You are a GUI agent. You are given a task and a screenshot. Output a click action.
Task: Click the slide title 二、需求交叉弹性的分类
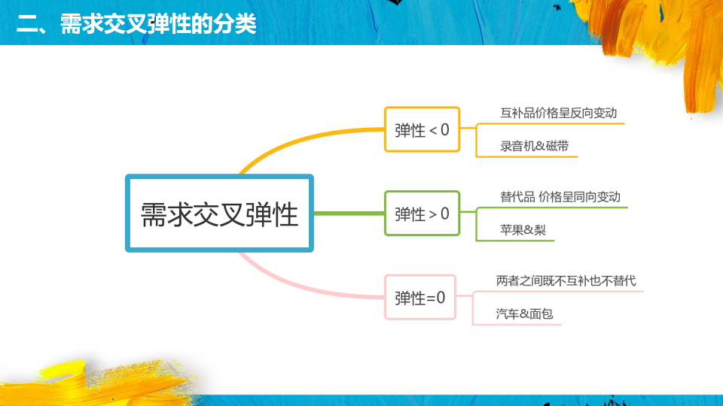coord(136,24)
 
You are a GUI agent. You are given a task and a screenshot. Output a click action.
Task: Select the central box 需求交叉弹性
coord(219,214)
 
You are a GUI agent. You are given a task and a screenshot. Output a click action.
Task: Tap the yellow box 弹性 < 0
coord(422,129)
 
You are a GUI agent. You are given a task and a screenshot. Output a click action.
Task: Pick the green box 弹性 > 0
coord(422,214)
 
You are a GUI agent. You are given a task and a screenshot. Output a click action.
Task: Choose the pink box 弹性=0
coord(420,298)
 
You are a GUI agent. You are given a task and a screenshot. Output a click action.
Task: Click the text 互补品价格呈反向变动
coord(558,113)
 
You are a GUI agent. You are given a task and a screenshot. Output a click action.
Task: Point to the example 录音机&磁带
coord(531,146)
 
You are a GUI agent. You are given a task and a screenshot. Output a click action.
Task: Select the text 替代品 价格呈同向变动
coord(560,197)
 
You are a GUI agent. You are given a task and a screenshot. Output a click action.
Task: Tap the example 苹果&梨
coord(523,230)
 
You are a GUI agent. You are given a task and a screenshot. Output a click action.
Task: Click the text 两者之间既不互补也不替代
coord(566,281)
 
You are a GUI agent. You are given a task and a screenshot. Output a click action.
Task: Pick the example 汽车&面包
coord(524,314)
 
